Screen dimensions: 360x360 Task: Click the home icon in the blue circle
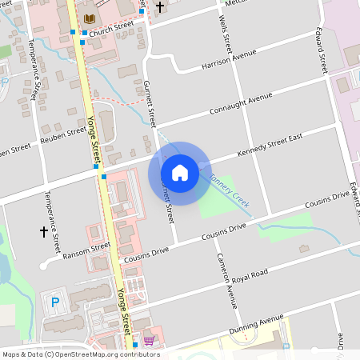click(x=180, y=172)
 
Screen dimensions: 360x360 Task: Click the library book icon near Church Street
click(x=89, y=18)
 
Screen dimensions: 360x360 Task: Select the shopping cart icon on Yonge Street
click(x=149, y=340)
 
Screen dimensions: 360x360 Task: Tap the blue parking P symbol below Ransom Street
click(x=55, y=302)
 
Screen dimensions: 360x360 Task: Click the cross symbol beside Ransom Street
click(x=44, y=232)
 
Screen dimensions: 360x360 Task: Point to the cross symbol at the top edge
click(x=159, y=7)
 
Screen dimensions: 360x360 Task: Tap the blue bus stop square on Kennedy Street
click(x=104, y=176)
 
